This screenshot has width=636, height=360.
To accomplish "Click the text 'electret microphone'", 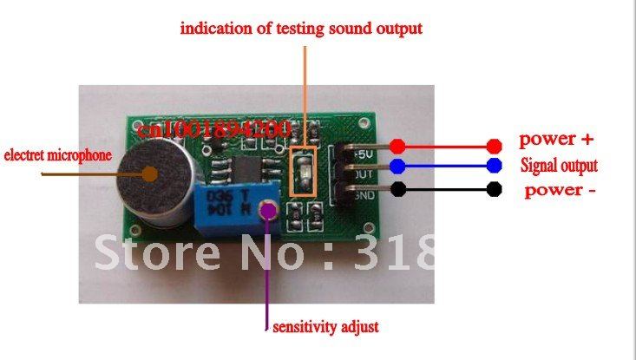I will (x=58, y=156).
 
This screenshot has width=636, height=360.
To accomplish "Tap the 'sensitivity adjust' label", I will (x=325, y=328).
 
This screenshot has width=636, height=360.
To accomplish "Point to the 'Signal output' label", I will (x=559, y=165).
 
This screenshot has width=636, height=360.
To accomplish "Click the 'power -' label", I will (x=560, y=190).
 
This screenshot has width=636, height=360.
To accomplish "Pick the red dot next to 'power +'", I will (x=495, y=145).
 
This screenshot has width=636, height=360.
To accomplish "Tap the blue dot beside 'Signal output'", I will (x=495, y=166).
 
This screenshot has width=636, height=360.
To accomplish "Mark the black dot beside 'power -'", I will (x=495, y=188).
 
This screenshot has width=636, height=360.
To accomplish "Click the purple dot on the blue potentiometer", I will (x=268, y=209).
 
